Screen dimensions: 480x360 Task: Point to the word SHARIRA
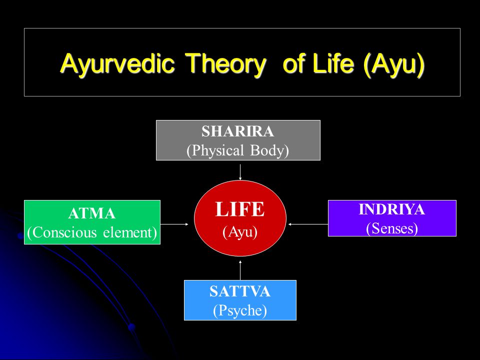pyautogui.click(x=238, y=131)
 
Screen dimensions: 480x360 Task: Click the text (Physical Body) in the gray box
pyautogui.click(x=238, y=150)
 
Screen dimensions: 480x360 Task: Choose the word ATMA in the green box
pyautogui.click(x=92, y=213)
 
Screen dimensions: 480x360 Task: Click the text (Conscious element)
pyautogui.click(x=92, y=232)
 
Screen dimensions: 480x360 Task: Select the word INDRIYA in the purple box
pyautogui.click(x=392, y=209)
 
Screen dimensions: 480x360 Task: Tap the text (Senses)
pyautogui.click(x=392, y=228)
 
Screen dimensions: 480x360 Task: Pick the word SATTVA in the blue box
pyautogui.click(x=240, y=291)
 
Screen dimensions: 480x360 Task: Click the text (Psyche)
pyautogui.click(x=240, y=310)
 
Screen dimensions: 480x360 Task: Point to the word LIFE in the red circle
pyautogui.click(x=240, y=209)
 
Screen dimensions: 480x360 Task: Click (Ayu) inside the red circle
pyautogui.click(x=240, y=231)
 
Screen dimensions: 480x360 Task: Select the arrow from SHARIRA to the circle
pyautogui.click(x=240, y=172)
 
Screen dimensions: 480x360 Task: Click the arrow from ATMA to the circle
pyautogui.click(x=174, y=224)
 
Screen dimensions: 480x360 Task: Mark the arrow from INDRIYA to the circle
pyautogui.click(x=308, y=224)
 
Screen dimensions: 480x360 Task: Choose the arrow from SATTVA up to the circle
pyautogui.click(x=240, y=270)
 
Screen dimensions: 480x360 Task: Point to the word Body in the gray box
pyautogui.click(x=269, y=150)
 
